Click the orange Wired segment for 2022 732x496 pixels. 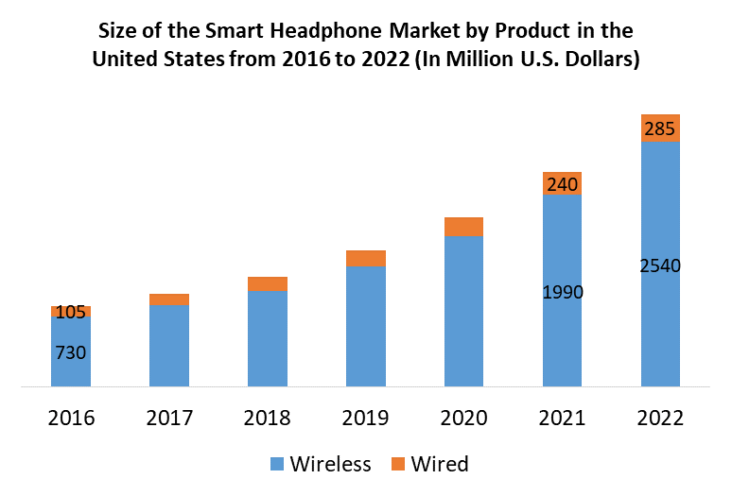(x=661, y=128)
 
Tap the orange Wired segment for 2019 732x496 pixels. (x=366, y=258)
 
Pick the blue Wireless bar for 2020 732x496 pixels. (x=464, y=311)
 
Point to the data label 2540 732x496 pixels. (x=660, y=265)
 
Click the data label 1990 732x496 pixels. (x=563, y=292)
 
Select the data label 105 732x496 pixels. (x=71, y=312)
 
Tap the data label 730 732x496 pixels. (x=71, y=353)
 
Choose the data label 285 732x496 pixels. (x=660, y=128)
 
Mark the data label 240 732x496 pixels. (x=563, y=185)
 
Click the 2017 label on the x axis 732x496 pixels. (x=169, y=418)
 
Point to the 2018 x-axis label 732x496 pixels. (x=268, y=418)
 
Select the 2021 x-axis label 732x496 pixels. (x=563, y=418)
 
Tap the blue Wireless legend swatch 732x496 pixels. (x=277, y=464)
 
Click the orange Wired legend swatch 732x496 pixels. (x=397, y=464)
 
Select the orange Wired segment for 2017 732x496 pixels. (x=169, y=299)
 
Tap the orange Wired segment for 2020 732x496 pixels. (x=464, y=226)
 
